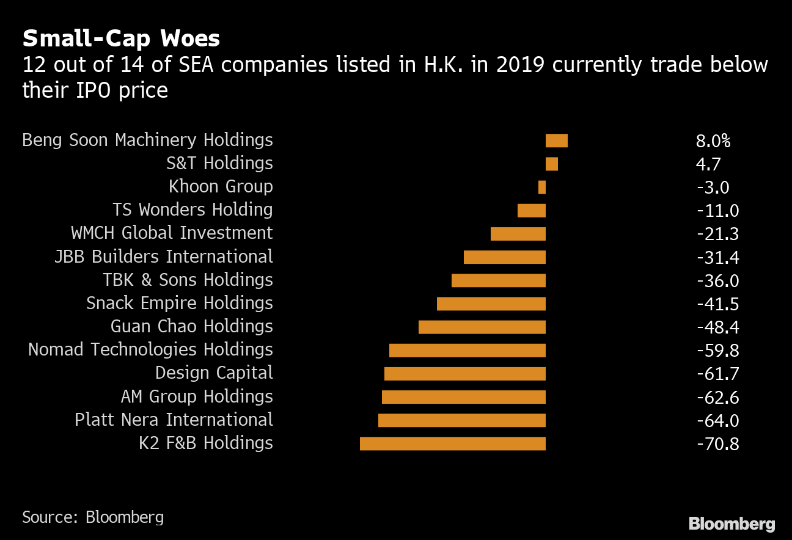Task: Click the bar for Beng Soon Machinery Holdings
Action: pos(556,140)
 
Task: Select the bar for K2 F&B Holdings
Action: pos(452,443)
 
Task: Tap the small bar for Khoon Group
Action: pos(541,187)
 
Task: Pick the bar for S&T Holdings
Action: pos(551,164)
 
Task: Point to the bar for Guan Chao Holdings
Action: pos(482,327)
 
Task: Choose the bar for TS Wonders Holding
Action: pos(531,210)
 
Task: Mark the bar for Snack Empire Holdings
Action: pos(491,304)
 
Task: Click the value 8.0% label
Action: pos(713,141)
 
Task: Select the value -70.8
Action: pos(717,444)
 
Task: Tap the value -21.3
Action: pos(717,234)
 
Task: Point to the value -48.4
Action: pos(717,327)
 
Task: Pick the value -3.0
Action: pos(713,188)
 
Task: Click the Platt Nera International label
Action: pos(174,420)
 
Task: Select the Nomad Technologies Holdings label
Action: pos(150,350)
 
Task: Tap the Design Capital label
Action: pos(214,373)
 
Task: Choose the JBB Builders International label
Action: pos(163,257)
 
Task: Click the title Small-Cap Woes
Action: pos(121,39)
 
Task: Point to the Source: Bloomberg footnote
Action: pos(93,517)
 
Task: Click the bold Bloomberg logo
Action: pos(732,524)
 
